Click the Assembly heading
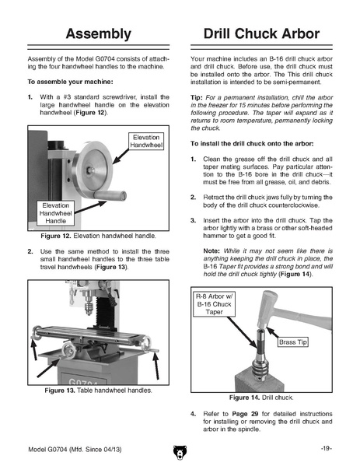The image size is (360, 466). pos(98,34)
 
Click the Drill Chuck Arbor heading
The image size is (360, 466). pos(261,33)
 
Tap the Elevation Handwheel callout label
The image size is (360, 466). pos(146,141)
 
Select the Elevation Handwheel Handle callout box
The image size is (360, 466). pos(55,213)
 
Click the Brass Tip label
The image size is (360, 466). pos(293,342)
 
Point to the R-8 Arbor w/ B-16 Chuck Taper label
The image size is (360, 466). pos(214,304)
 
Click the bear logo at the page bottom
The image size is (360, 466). pos(180,452)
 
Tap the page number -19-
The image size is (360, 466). pos(326,448)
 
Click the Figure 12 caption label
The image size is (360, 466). pos(56,236)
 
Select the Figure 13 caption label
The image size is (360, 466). pos(60,391)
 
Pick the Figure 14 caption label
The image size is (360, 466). pos(245,398)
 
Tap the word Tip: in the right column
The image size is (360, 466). pos(197,97)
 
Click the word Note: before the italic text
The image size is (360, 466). pos(211,251)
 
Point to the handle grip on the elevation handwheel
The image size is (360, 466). pos(110,195)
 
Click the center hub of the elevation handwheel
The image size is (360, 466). pos(90,170)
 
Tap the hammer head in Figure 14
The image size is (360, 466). pos(267,309)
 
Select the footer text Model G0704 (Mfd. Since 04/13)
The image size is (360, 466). pos(75,450)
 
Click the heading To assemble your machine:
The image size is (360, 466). pos(71,82)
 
